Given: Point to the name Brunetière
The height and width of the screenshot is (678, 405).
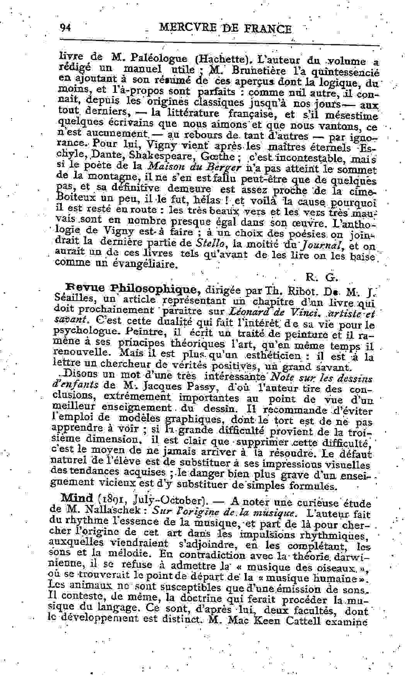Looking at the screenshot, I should (x=259, y=71).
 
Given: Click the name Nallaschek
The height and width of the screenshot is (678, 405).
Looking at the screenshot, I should (x=116, y=510).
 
